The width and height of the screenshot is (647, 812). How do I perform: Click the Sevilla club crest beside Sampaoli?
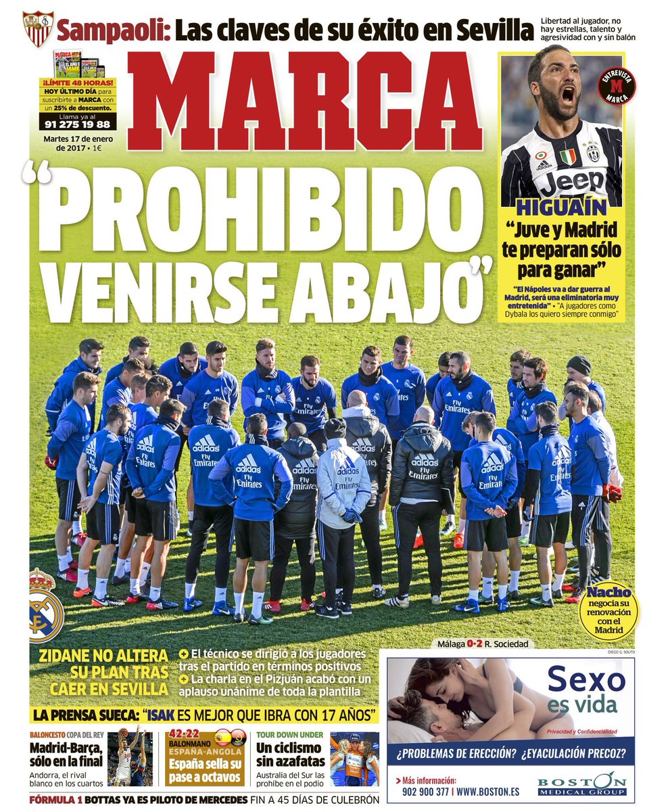[x=37, y=28]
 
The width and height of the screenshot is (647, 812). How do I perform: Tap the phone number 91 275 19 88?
[x=76, y=125]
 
